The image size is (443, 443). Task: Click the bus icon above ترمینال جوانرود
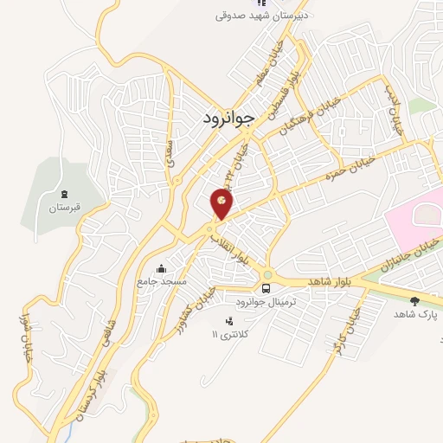(266, 288)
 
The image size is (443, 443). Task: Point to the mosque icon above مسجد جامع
(160, 269)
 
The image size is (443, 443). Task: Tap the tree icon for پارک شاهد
(414, 301)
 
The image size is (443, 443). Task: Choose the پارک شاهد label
(414, 315)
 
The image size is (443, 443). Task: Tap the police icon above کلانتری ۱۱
(216, 322)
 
